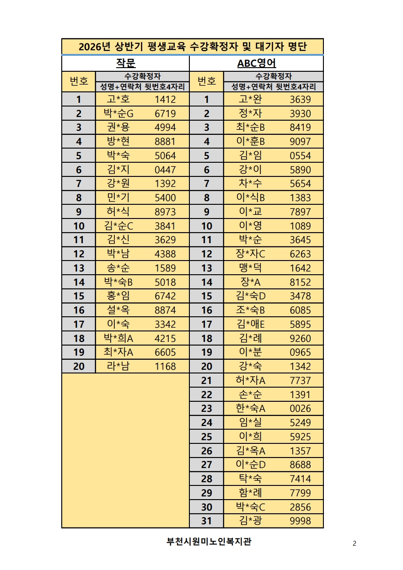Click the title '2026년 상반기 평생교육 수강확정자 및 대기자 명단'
tap(193, 47)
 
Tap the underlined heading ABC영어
tap(256, 63)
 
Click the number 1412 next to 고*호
tap(165, 99)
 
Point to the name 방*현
tap(118, 142)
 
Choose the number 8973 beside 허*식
tap(165, 212)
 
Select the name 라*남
tap(118, 366)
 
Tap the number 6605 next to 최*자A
tap(165, 352)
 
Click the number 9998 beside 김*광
tap(300, 521)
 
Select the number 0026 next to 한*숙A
tap(300, 409)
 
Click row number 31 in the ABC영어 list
tap(207, 521)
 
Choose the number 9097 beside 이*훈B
tap(300, 142)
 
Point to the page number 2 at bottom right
tap(355, 543)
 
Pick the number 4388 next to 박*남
tap(165, 254)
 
